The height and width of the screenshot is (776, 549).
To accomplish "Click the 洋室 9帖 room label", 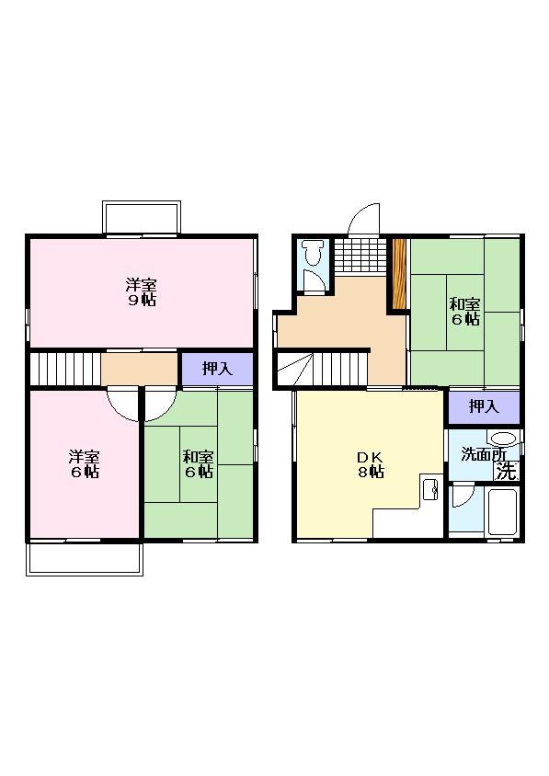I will (x=141, y=291).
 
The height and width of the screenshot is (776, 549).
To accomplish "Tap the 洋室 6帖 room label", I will (x=84, y=464).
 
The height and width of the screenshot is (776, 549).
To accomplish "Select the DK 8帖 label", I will (x=371, y=464).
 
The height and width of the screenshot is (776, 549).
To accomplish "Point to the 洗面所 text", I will (x=482, y=454).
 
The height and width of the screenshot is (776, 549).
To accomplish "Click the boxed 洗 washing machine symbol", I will (x=507, y=471).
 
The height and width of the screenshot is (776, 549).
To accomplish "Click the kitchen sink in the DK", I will (x=430, y=489).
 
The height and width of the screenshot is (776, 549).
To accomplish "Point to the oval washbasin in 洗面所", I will (x=503, y=439).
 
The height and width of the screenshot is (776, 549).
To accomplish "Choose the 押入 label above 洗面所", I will (x=484, y=405).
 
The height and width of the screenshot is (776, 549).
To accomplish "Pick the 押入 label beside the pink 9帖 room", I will (x=216, y=369).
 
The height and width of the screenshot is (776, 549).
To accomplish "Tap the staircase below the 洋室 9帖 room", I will (x=63, y=370).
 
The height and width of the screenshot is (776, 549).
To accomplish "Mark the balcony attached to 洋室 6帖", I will (x=84, y=558).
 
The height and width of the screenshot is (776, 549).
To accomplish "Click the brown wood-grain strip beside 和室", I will (x=399, y=274).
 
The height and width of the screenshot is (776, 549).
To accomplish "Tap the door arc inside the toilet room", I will (x=314, y=281).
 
